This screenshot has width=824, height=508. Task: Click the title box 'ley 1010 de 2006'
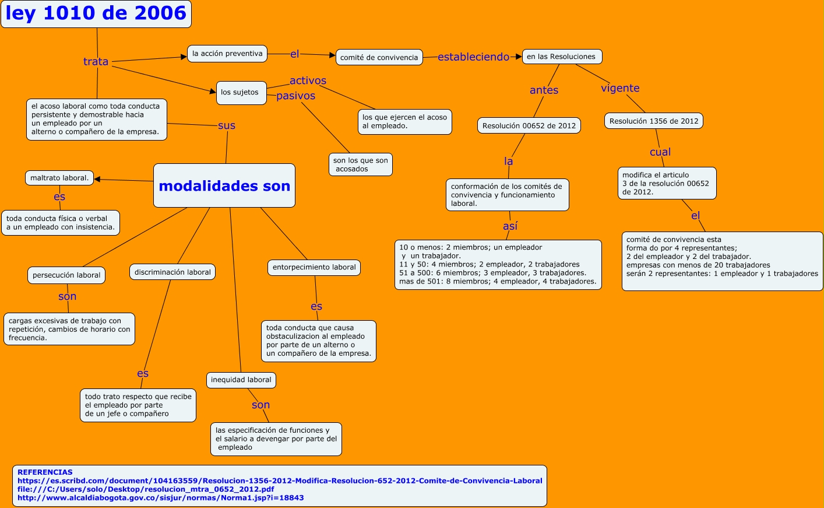[96, 13]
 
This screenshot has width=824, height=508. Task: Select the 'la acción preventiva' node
[227, 54]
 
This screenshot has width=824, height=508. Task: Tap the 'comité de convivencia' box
[379, 57]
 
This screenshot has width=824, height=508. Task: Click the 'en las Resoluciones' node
[562, 57]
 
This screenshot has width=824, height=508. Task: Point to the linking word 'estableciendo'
[473, 57]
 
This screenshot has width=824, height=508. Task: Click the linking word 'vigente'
[620, 88]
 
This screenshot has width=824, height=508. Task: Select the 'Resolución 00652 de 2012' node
[529, 125]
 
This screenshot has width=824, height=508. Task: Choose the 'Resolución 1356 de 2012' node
[654, 121]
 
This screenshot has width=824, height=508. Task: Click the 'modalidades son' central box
[224, 186]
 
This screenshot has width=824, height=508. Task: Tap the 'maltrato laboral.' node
[59, 178]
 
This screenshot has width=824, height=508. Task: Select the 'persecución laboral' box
[66, 275]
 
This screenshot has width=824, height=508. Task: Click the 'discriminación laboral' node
[172, 272]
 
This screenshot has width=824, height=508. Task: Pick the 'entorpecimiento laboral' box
[314, 267]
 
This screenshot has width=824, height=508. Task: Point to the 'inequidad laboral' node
[241, 380]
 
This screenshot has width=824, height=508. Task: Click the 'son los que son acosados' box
[361, 164]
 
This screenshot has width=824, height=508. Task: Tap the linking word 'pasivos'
[295, 96]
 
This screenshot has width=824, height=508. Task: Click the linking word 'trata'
[96, 61]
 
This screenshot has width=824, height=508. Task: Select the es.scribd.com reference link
[280, 481]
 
